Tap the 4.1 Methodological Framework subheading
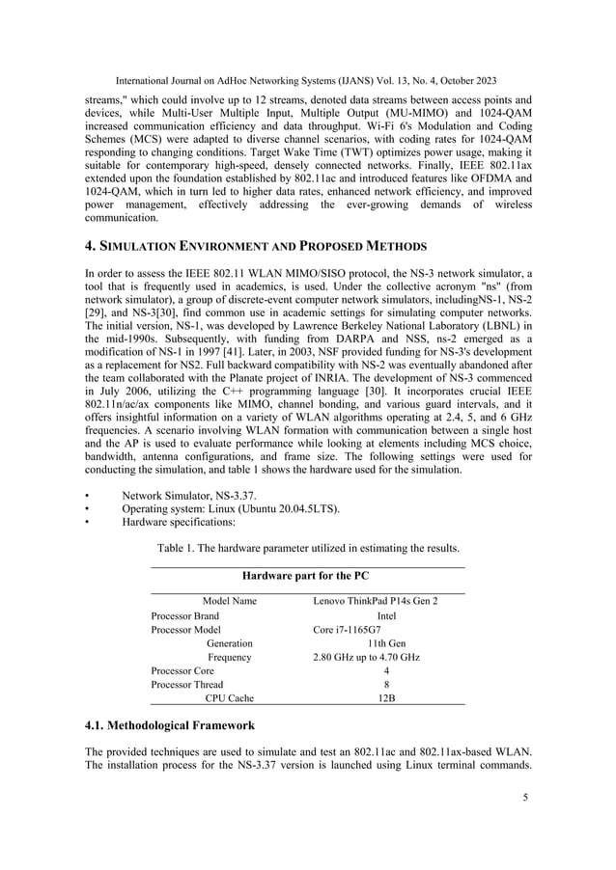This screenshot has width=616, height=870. (x=170, y=724)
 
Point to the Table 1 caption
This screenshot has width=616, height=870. (x=308, y=548)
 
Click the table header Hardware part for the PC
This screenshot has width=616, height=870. (x=306, y=576)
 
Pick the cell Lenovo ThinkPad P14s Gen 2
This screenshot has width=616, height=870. (x=376, y=601)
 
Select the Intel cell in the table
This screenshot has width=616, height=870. (x=386, y=615)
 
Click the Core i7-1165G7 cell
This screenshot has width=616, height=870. (x=347, y=629)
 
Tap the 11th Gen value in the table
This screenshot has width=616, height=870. (x=386, y=642)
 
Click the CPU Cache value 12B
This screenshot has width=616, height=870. (x=386, y=697)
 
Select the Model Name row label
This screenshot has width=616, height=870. (x=229, y=601)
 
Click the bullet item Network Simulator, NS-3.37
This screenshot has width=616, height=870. (x=183, y=495)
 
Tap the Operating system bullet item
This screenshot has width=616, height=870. (x=230, y=508)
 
